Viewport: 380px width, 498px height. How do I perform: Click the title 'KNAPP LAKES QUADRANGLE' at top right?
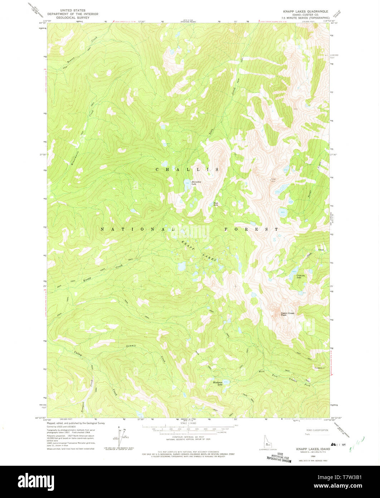pyautogui.click(x=305, y=11)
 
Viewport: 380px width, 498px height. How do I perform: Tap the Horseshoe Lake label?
pyautogui.click(x=196, y=183)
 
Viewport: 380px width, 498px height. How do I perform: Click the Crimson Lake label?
pyautogui.click(x=302, y=276)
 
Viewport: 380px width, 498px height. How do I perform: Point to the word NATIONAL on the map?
pyautogui.click(x=134, y=229)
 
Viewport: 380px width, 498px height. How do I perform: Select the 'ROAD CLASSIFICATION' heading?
pyautogui.click(x=317, y=430)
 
